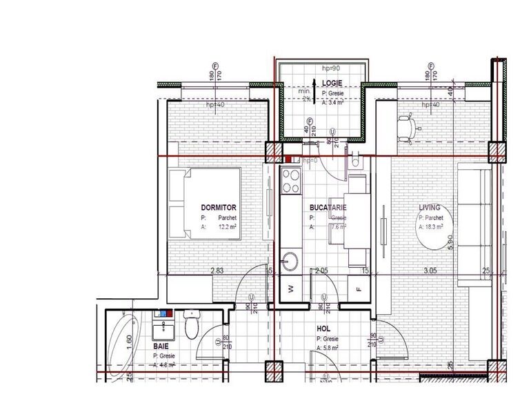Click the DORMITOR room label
pyautogui.click(x=219, y=207)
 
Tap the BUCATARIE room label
pyautogui.click(x=328, y=207)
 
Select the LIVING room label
pyautogui.click(x=430, y=207)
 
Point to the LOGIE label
pyautogui.click(x=332, y=84)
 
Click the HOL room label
pyautogui.click(x=324, y=330)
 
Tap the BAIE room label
pyautogui.click(x=161, y=346)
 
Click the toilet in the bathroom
pyautogui.click(x=192, y=324)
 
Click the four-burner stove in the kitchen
pyautogui.click(x=290, y=182)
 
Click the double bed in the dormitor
pyautogui.click(x=205, y=204)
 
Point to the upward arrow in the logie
pyautogui.click(x=314, y=88)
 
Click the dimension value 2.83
pyautogui.click(x=217, y=272)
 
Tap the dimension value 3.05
pyautogui.click(x=430, y=272)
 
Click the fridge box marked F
pyautogui.click(x=358, y=289)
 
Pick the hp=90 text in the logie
pyautogui.click(x=332, y=69)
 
